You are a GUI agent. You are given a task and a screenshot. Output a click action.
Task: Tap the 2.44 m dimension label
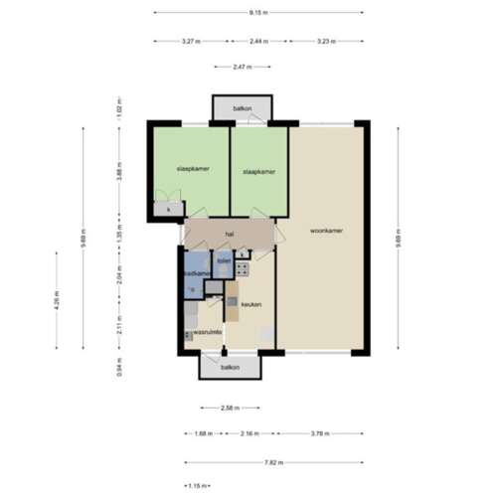pyautogui.click(x=256, y=41)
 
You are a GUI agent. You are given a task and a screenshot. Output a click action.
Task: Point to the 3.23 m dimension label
pyautogui.click(x=326, y=41)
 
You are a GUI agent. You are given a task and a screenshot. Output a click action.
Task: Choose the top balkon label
pyautogui.click(x=242, y=107)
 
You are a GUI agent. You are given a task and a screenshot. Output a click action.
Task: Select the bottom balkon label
pyautogui.click(x=230, y=368)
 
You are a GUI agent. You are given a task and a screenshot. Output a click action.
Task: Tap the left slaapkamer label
pyautogui.click(x=191, y=168)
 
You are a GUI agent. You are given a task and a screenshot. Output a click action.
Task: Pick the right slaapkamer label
pyautogui.click(x=258, y=171)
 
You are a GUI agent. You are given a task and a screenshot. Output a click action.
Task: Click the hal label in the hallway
pyautogui.click(x=229, y=234)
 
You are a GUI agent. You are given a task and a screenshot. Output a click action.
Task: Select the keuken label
pyautogui.click(x=250, y=304)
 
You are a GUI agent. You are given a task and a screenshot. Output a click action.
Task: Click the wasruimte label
pyautogui.click(x=206, y=331)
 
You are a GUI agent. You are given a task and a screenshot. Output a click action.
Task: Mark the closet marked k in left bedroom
pyautogui.click(x=169, y=209)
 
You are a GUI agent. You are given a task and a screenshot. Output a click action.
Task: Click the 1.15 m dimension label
pyautogui.click(x=196, y=485)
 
